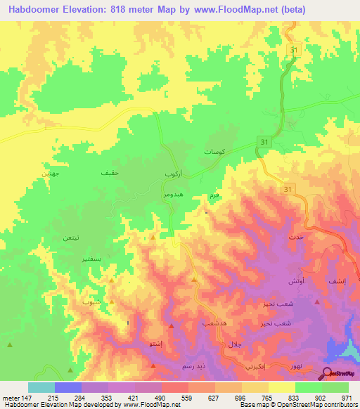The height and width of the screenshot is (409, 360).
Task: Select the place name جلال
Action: click(234, 344)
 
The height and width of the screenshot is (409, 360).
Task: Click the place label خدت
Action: click(295, 238)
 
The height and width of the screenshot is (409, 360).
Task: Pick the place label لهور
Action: click(295, 367)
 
